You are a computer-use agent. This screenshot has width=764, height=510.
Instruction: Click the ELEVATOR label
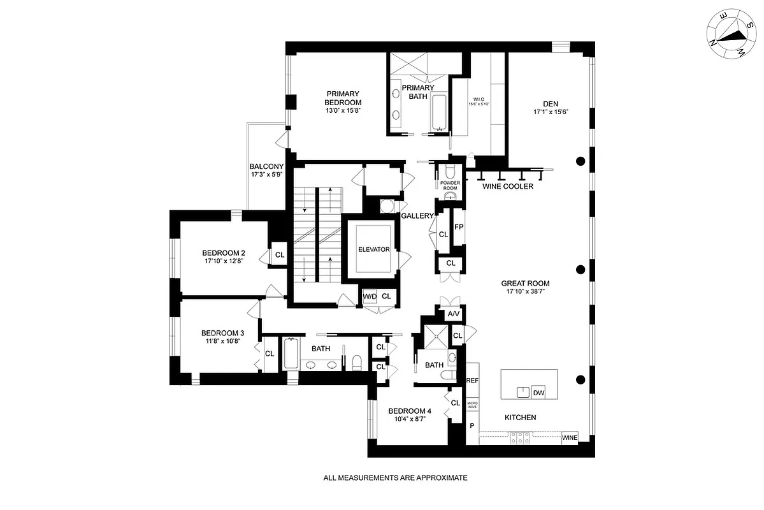click(373, 249)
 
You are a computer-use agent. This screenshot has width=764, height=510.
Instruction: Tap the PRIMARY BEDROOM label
click(343, 98)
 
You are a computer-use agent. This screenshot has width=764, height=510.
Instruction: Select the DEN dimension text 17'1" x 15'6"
click(551, 112)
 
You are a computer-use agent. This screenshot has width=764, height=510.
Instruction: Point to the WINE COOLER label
click(507, 186)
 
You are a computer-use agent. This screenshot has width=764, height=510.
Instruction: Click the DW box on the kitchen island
click(538, 393)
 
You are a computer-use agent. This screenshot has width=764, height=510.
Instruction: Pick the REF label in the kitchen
click(472, 381)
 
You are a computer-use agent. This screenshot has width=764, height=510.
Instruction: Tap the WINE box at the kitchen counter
click(570, 438)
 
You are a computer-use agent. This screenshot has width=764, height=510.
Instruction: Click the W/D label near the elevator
click(370, 296)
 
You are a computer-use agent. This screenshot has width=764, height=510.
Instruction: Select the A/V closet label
click(453, 314)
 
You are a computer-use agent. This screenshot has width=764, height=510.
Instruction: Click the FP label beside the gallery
click(458, 227)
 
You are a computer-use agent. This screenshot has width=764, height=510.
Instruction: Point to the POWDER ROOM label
click(450, 186)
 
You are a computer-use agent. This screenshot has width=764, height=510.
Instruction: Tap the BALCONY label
click(266, 166)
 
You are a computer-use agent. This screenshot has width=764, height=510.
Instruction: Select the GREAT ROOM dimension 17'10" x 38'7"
click(525, 292)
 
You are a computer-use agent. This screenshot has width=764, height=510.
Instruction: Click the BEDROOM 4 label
click(410, 411)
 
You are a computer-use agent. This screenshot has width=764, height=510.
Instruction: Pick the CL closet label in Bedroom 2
click(279, 255)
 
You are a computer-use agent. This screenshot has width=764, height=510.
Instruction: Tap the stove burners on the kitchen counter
click(519, 438)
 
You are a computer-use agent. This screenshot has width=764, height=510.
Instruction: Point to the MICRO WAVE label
click(472, 404)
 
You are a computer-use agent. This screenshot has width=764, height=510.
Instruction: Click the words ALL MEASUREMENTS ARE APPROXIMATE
click(395, 477)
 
